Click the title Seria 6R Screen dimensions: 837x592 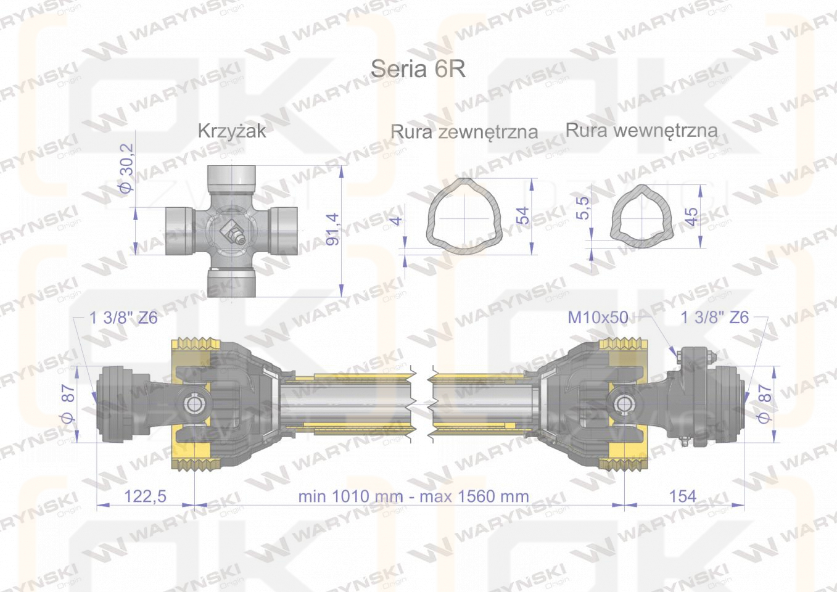[418, 68]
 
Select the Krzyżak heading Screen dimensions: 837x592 [232, 131]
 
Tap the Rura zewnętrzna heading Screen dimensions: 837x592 [464, 132]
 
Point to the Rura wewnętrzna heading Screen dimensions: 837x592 [641, 130]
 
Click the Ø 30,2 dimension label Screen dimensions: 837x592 [126, 168]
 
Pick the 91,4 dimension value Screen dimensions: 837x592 [332, 229]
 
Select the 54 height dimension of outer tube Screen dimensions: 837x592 [524, 215]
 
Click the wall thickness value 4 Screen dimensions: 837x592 [396, 220]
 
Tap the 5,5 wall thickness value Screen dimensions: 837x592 [582, 208]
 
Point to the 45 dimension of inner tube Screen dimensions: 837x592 [691, 216]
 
